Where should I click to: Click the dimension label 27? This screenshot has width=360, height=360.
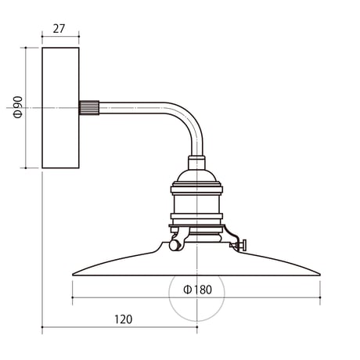coord(59,29)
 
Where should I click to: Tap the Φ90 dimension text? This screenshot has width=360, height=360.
coord(18,107)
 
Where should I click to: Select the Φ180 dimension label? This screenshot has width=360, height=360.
coord(198,290)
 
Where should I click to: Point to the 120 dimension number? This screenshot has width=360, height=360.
coord(124,319)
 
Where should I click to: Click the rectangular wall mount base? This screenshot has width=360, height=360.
coord(60,108)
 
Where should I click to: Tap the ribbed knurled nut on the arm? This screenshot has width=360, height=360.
coord(89,108)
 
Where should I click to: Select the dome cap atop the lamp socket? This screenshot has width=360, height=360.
coord(196,177)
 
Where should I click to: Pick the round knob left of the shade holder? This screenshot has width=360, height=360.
coord(174,245)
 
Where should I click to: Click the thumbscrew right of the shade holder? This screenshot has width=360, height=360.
coord(239,245)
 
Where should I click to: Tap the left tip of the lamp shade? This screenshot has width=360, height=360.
coord(73,275)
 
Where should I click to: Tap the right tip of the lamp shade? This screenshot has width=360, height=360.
coord(320,275)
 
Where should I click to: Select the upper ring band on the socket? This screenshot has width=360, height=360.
coord(196,189)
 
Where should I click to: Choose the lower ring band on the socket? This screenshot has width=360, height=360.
coord(196,217)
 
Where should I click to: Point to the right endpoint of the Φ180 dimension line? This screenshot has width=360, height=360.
coord(320,297)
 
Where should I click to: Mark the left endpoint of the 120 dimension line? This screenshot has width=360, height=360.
coord(42,326)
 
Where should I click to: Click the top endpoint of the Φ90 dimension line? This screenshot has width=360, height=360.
coord(26,48)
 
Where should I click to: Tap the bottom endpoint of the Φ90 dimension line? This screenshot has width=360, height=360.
coord(26,168)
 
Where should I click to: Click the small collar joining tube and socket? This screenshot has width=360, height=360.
coord(196,163)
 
